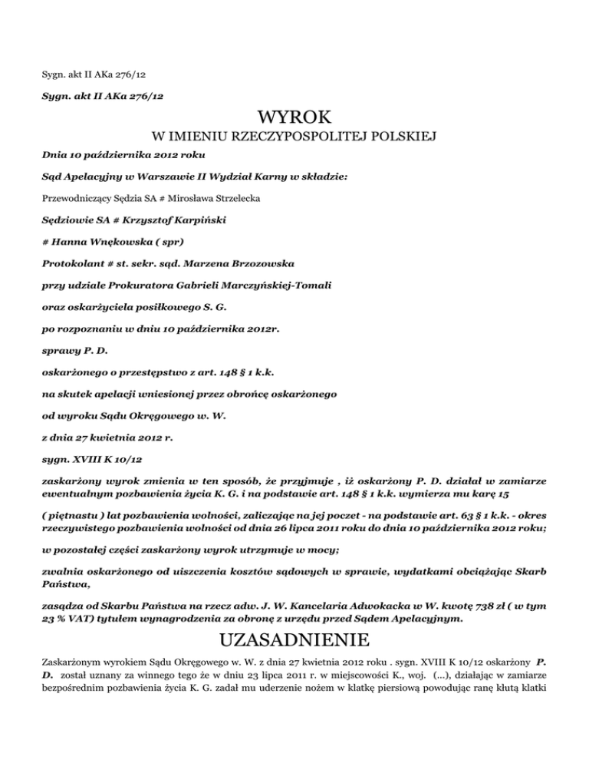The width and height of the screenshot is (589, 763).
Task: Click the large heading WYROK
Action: [x=294, y=117]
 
